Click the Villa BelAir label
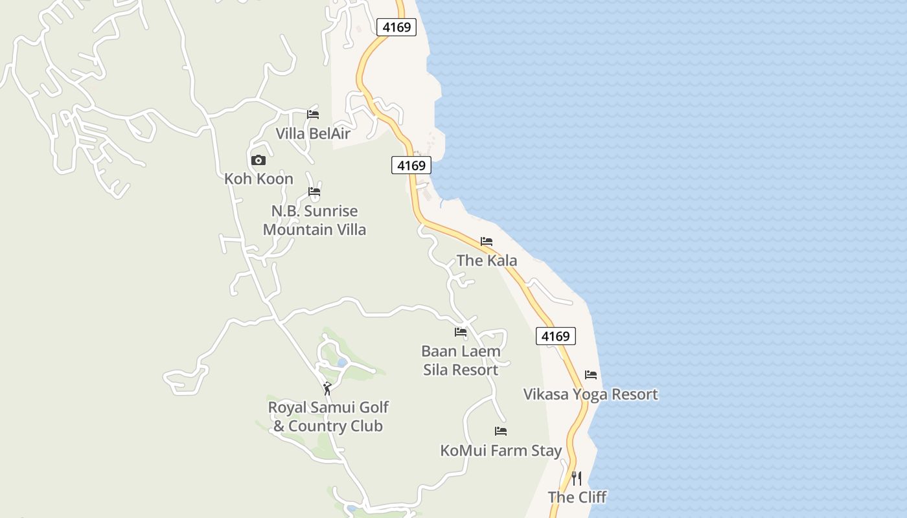point(313,134)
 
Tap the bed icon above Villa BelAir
point(313,115)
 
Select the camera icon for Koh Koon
point(258,160)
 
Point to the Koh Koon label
point(258,179)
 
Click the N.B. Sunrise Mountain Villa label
point(314,220)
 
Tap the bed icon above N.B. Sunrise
point(314,192)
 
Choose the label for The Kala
point(487,260)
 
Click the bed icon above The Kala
point(487,242)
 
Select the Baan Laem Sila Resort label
point(461,361)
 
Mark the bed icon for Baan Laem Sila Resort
point(461,332)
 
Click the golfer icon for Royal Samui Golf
point(327,388)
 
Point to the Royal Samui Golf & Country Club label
point(328,416)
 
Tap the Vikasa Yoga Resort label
point(590,394)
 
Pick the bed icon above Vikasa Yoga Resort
point(591,375)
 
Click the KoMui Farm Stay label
point(501,451)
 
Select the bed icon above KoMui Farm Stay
point(501,431)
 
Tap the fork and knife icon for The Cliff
point(577,479)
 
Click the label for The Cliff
point(577,497)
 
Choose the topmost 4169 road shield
point(396,27)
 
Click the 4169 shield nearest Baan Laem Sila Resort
point(556,336)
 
